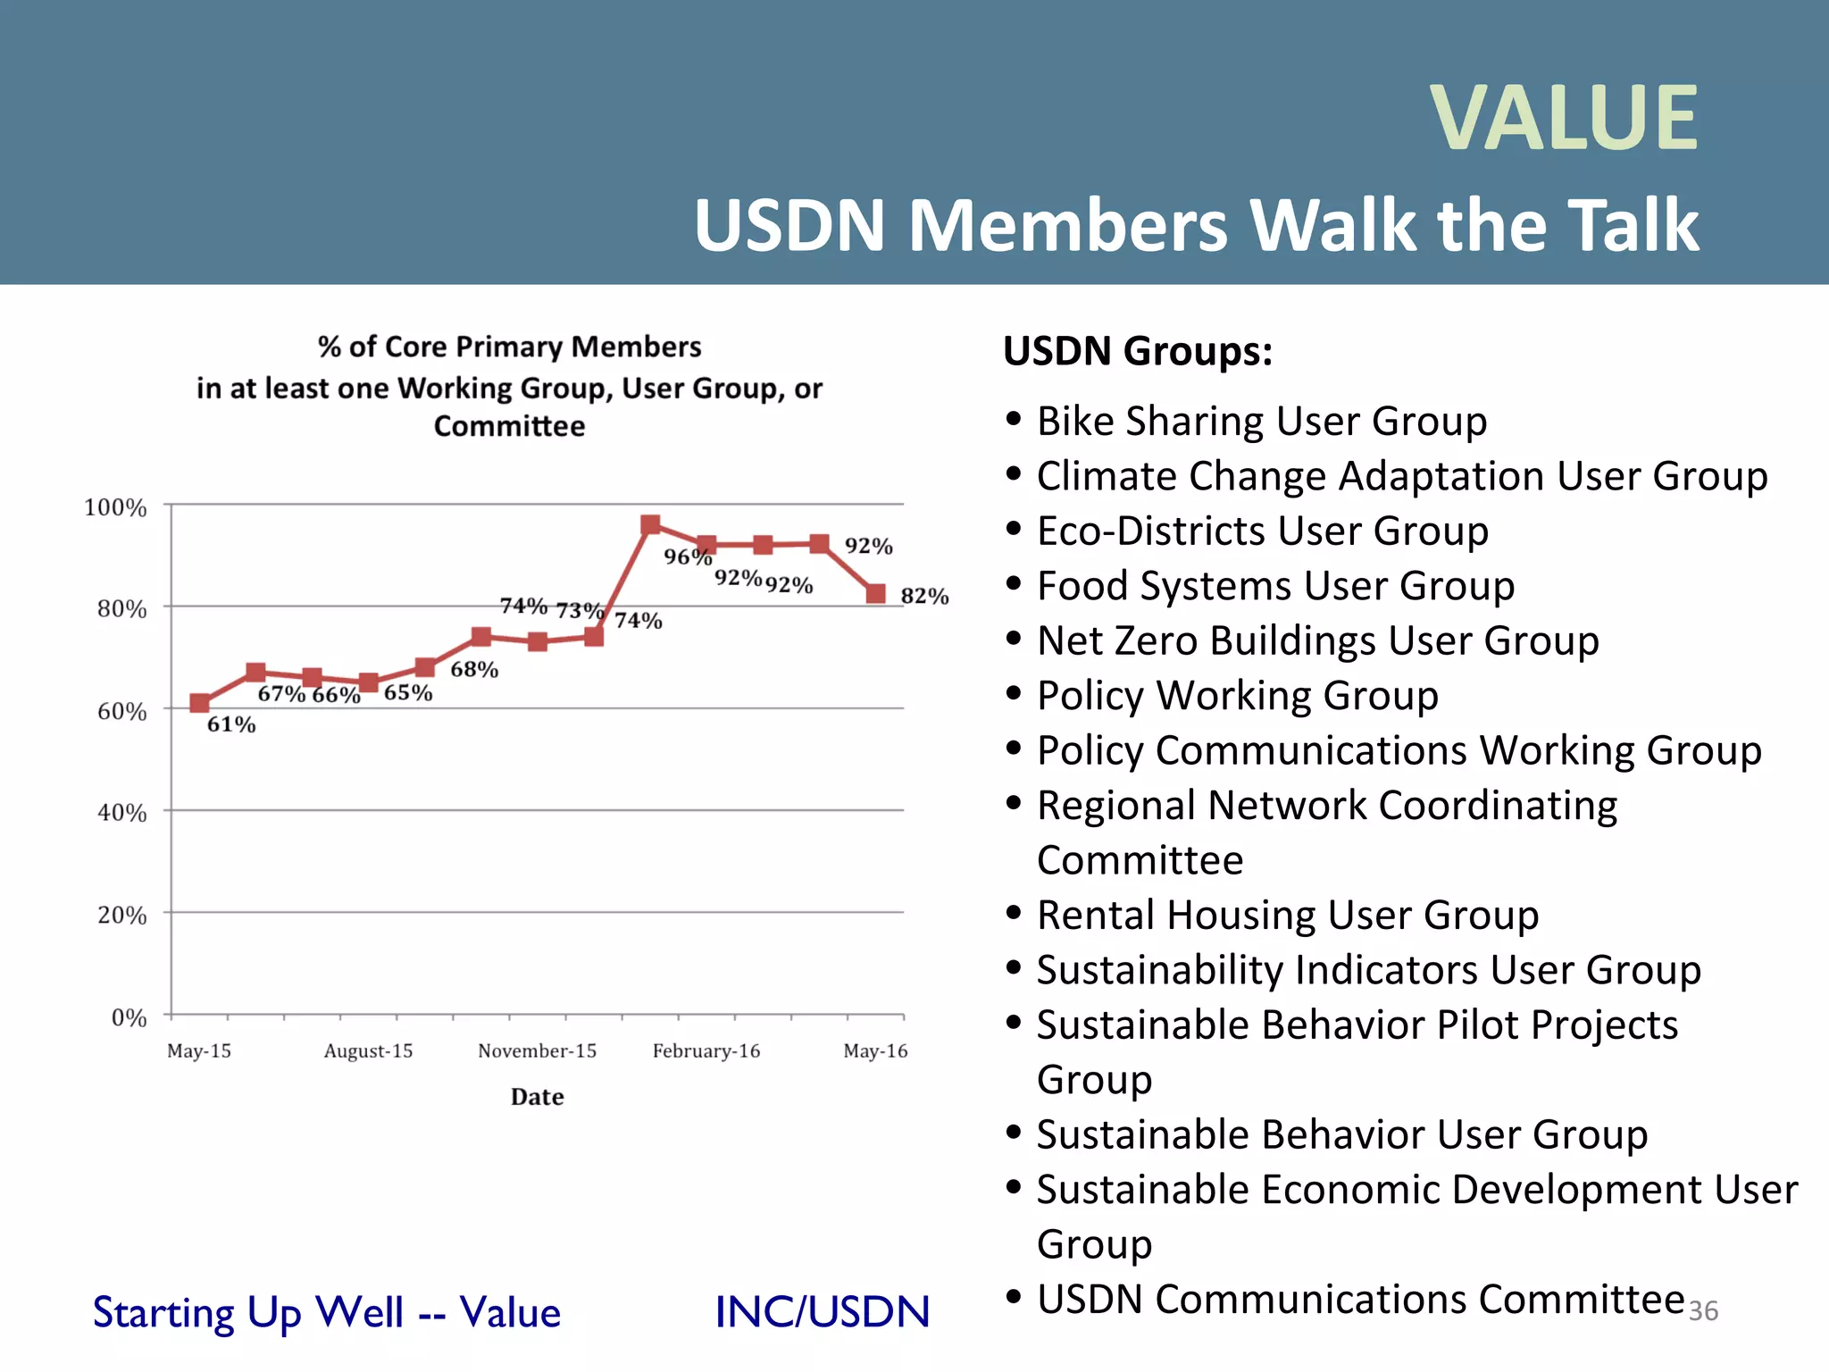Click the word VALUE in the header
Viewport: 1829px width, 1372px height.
point(1564,118)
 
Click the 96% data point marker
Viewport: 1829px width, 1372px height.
point(651,524)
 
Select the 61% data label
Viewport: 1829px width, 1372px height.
point(231,724)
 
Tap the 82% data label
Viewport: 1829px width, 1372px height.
point(924,596)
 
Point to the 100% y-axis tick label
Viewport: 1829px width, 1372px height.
point(115,507)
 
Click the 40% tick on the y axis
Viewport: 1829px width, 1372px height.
point(121,813)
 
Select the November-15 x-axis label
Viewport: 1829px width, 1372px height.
point(537,1050)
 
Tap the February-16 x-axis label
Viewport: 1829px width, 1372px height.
point(706,1050)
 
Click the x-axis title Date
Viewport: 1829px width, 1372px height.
point(537,1097)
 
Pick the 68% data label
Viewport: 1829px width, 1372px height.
point(474,670)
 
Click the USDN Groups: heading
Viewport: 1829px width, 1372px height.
point(1137,351)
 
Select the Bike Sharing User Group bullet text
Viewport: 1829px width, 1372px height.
point(1261,421)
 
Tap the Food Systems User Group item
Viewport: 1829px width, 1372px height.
point(1275,586)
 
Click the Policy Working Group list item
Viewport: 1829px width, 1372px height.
point(1237,696)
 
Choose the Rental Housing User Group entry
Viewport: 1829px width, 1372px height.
point(1287,916)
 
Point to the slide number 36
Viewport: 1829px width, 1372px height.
point(1703,1310)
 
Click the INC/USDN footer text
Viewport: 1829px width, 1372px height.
point(822,1312)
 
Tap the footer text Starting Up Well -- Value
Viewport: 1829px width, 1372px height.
point(327,1312)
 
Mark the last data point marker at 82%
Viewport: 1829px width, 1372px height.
point(876,594)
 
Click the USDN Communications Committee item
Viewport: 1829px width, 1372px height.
point(1360,1300)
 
